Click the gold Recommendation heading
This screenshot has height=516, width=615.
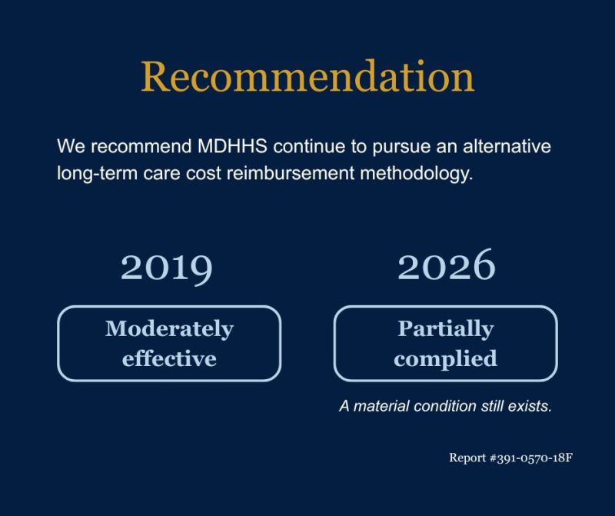tap(308, 76)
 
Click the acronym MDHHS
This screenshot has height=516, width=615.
tap(232, 146)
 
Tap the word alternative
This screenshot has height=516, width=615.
tap(507, 146)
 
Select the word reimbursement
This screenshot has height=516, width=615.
tap(291, 173)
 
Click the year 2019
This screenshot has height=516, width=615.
tap(167, 268)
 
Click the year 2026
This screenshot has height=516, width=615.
tap(447, 265)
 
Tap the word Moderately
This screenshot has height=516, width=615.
tap(169, 329)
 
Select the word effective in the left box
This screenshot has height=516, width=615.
tap(169, 358)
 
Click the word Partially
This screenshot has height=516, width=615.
tap(446, 329)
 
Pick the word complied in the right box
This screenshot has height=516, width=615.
tap(446, 358)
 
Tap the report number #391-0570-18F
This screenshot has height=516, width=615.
tap(531, 458)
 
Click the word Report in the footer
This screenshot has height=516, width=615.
tap(467, 458)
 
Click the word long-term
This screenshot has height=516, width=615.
tap(98, 174)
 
